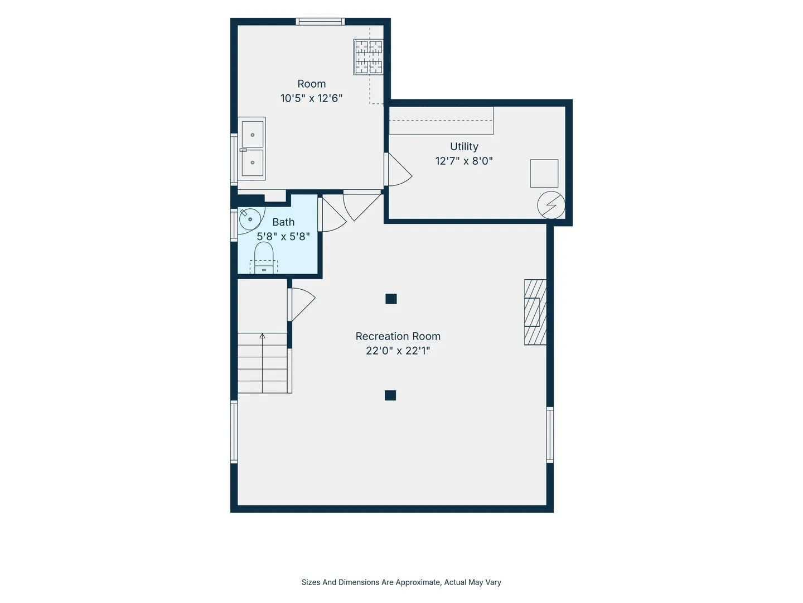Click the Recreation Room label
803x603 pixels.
(398, 336)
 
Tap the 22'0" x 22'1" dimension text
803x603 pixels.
(398, 351)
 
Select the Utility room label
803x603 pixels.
(464, 146)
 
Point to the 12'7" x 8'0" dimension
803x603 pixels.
(464, 161)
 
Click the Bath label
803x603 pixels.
(283, 222)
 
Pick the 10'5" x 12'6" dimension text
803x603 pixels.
(311, 98)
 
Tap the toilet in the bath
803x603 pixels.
(264, 257)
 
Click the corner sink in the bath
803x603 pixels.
(249, 219)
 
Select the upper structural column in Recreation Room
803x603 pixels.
(391, 299)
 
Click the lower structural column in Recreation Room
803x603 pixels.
(390, 395)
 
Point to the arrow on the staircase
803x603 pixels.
(262, 363)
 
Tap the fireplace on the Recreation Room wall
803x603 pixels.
(535, 312)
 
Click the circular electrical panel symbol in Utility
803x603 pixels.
(551, 205)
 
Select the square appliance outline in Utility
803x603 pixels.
(544, 173)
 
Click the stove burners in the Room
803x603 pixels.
(369, 57)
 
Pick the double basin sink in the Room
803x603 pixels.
(251, 149)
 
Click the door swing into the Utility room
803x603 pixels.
(398, 169)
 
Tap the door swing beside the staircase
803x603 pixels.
(302, 305)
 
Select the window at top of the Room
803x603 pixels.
(320, 22)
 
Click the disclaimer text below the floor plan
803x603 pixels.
(401, 582)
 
